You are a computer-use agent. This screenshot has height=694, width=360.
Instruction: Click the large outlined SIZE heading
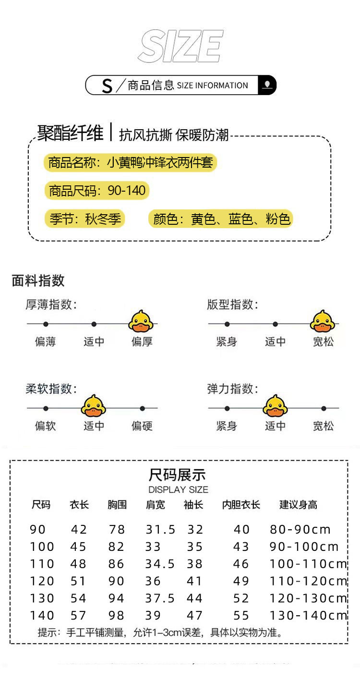click(180, 47)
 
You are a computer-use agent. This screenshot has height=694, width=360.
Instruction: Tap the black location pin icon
click(267, 85)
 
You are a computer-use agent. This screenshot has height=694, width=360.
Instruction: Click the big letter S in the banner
click(107, 86)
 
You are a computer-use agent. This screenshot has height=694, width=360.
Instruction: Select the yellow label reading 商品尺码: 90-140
click(97, 191)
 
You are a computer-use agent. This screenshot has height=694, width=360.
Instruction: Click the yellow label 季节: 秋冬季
click(85, 219)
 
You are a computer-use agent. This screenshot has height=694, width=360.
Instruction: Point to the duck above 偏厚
click(141, 321)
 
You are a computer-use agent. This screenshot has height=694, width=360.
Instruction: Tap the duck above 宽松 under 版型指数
click(322, 321)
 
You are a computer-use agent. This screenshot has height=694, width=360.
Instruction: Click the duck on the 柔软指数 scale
click(93, 406)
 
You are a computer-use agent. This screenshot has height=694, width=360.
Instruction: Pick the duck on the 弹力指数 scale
click(275, 406)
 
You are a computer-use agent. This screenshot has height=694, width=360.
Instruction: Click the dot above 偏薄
click(46, 324)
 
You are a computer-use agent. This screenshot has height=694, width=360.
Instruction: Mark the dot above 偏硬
click(142, 409)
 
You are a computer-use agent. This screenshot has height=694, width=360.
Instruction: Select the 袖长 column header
click(193, 505)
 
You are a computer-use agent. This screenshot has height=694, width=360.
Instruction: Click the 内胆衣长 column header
click(241, 505)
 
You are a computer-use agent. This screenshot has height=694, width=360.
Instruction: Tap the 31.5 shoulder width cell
click(160, 530)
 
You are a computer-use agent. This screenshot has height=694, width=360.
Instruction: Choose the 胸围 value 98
click(116, 615)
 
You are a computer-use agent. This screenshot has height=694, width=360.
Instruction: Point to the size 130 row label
click(42, 598)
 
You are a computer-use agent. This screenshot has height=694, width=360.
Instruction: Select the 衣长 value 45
click(79, 547)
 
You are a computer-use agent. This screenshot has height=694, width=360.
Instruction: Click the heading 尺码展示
click(177, 475)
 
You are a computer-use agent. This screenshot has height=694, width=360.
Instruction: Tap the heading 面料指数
click(38, 281)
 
